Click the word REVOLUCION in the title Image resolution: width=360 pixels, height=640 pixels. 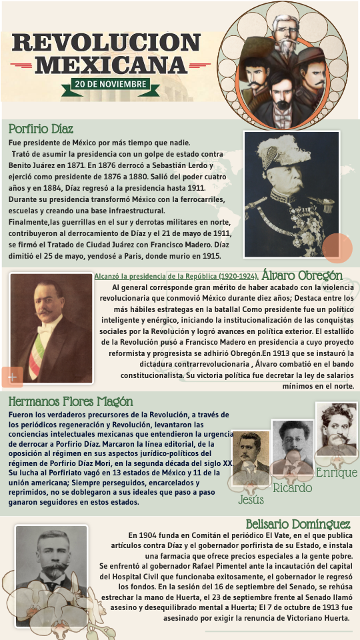[x=106, y=43]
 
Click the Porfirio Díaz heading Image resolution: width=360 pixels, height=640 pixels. [x=41, y=129]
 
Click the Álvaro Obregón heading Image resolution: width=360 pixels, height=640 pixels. [x=302, y=275]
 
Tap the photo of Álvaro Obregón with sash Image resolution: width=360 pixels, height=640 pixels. [x=51, y=329]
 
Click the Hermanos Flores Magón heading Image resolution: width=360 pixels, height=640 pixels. [x=71, y=402]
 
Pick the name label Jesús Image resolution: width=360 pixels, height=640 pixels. [x=251, y=500]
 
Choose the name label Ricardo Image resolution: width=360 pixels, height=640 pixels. [x=293, y=488]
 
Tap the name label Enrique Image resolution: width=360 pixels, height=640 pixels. [x=337, y=473]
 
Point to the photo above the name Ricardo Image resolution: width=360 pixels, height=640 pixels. [x=293, y=445]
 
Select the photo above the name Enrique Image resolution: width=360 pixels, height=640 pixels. [x=336, y=430]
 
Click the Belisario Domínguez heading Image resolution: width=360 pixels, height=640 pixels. [x=298, y=524]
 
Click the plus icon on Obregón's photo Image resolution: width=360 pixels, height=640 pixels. [x=12, y=377]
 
